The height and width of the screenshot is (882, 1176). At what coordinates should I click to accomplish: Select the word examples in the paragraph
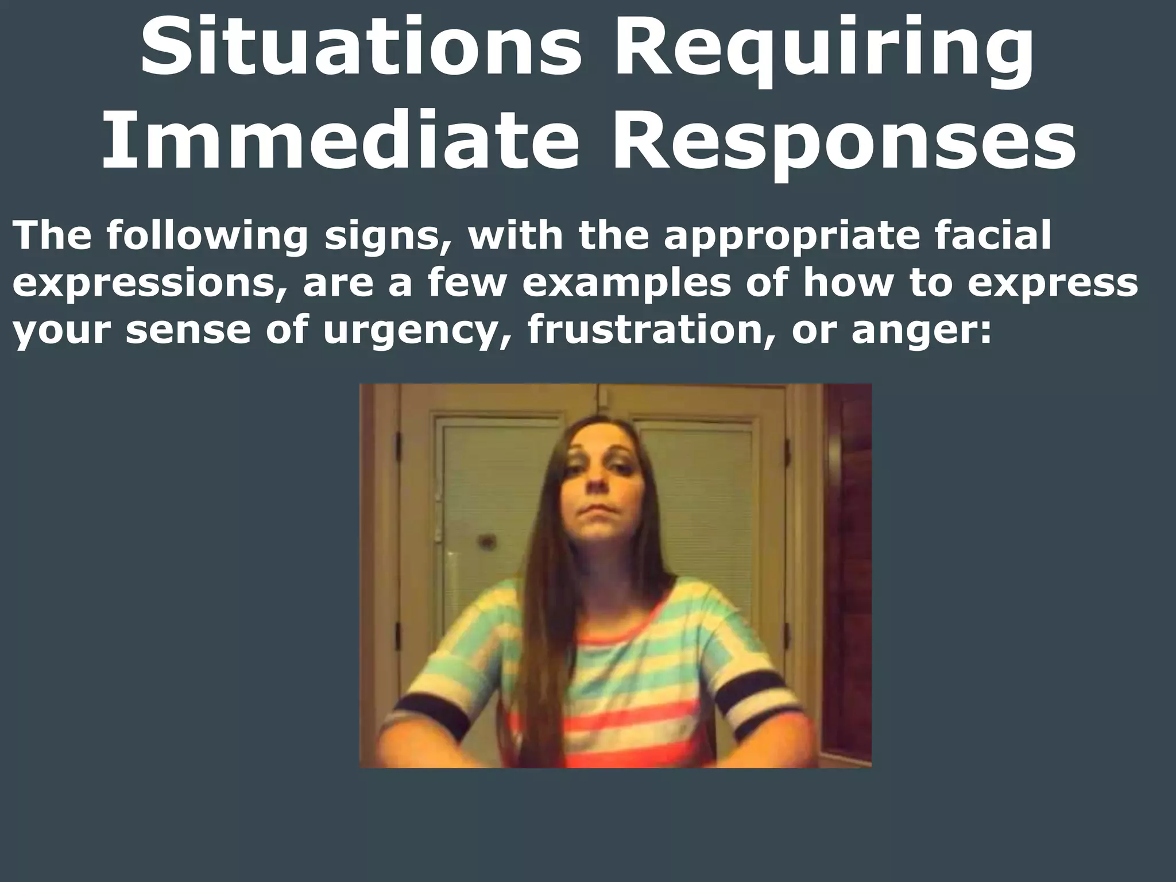pyautogui.click(x=625, y=283)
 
